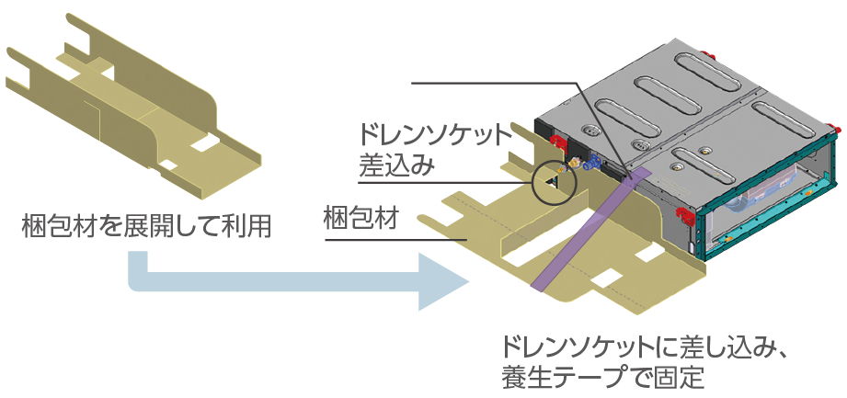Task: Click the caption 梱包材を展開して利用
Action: tap(146, 225)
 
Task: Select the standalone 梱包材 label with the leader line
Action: tap(360, 221)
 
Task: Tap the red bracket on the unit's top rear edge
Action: tap(705, 53)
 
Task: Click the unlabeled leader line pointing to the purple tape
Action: tap(497, 84)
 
